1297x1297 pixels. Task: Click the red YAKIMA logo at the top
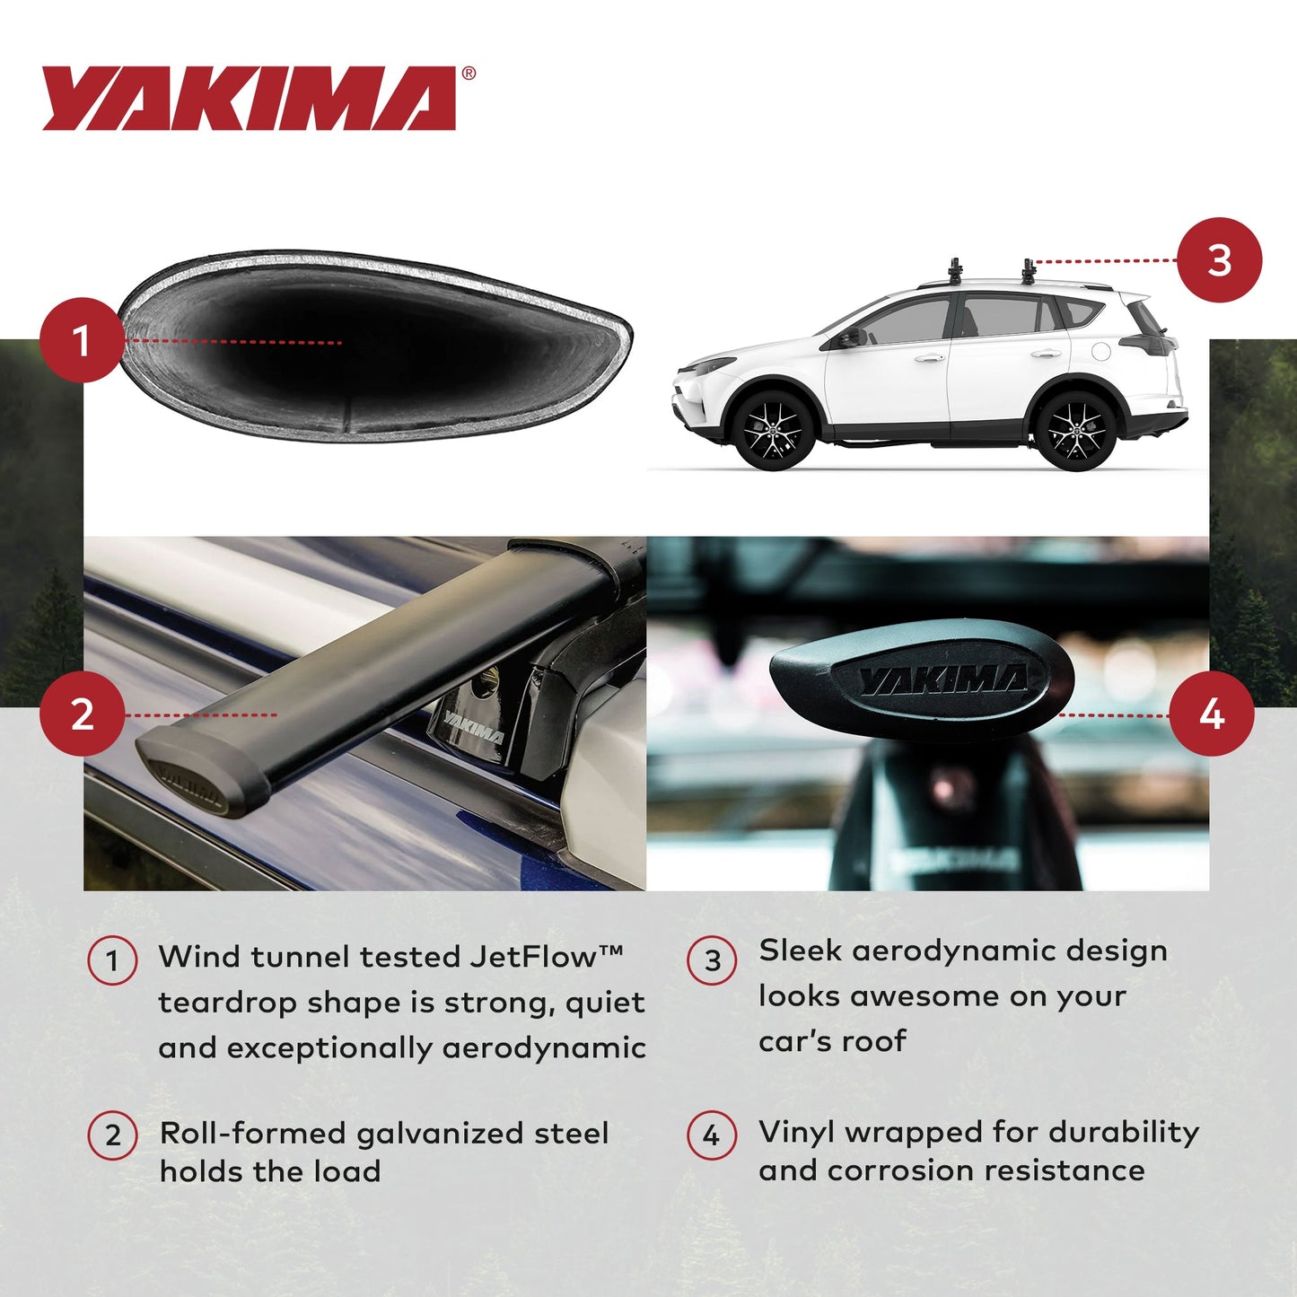[x=250, y=99]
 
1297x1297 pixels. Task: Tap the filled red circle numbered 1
[x=81, y=341]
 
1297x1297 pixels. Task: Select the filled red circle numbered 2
[x=82, y=714]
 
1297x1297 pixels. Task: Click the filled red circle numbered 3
[x=1219, y=260]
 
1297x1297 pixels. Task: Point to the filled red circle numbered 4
[x=1212, y=714]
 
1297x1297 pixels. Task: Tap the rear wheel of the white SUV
[x=1076, y=430]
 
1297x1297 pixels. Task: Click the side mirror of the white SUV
[x=847, y=337]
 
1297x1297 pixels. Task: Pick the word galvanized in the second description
[x=440, y=1135]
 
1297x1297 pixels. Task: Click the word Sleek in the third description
[x=800, y=951]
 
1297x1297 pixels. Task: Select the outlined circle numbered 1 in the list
[x=112, y=960]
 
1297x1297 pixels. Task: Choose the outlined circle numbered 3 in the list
[x=712, y=960]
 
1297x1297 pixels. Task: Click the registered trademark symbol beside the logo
[x=469, y=74]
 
